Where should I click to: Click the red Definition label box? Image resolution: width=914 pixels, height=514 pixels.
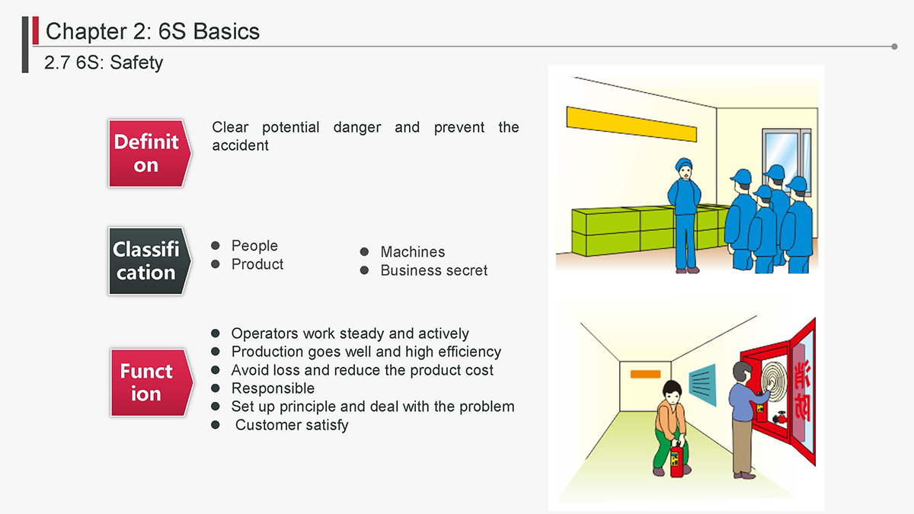point(149,153)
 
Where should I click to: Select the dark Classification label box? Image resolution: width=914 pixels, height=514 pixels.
point(149,261)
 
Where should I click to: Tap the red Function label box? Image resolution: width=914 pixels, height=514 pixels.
point(152,382)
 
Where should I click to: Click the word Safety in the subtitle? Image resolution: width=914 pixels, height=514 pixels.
point(136,62)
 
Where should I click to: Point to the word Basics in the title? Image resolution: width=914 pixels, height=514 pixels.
point(226,31)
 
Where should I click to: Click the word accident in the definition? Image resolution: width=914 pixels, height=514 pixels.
point(241,145)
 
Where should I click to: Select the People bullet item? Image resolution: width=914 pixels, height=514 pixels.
point(254,245)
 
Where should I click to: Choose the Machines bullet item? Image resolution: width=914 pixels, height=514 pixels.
point(413,252)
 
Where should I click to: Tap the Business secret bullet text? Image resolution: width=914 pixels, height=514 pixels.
point(433,270)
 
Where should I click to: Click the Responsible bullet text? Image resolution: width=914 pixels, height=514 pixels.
point(273,388)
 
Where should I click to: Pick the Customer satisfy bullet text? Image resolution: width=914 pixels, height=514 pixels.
point(292,425)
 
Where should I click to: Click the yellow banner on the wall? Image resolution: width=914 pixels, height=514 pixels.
point(631,124)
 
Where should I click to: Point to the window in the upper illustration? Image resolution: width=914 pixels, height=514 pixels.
point(786,151)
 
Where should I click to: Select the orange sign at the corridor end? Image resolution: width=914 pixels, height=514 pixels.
point(645,374)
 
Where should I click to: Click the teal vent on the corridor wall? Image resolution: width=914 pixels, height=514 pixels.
point(702,385)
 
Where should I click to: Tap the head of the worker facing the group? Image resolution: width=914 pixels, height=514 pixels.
point(684,169)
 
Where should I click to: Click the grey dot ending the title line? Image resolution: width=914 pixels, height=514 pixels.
point(894,46)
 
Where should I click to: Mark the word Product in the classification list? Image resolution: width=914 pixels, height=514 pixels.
point(257,264)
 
